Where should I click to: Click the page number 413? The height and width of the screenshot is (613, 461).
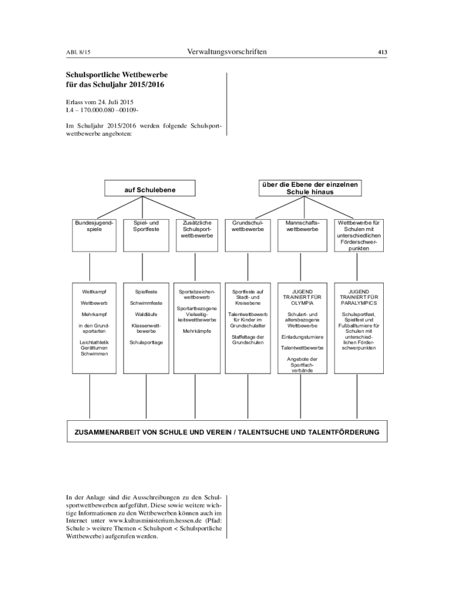coord(382,52)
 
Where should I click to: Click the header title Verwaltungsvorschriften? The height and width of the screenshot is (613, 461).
coord(227,52)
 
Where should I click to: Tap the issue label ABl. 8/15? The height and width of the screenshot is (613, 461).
coord(78,53)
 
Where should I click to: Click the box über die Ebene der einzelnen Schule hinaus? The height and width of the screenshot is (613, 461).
coord(310,189)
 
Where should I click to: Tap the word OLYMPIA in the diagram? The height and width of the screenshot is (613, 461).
coord(302,303)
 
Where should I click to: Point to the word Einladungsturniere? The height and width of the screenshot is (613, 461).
coord(302,337)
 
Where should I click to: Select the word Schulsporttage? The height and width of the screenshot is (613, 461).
coord(146,342)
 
